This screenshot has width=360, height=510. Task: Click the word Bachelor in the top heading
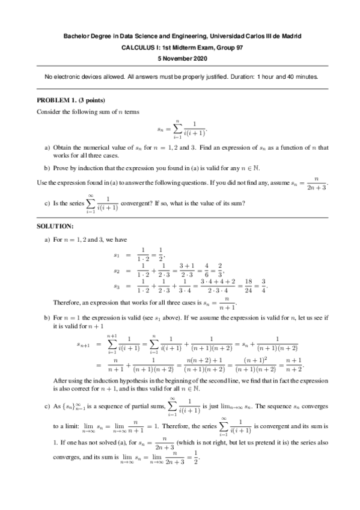tap(77, 36)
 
